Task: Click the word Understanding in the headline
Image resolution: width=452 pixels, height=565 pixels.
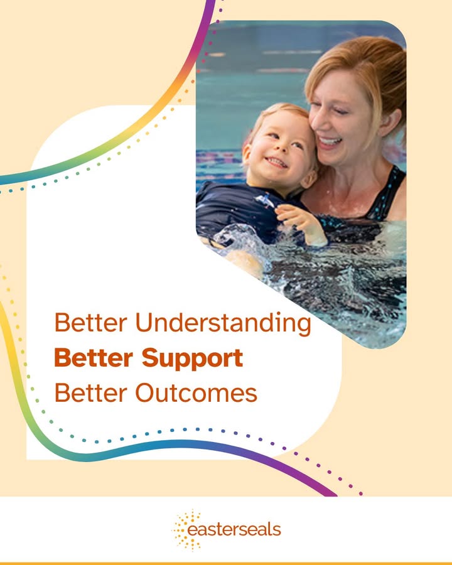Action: [x=223, y=323]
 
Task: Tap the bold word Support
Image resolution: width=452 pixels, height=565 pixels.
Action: [x=192, y=359]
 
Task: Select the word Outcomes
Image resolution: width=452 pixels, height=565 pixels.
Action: [x=196, y=393]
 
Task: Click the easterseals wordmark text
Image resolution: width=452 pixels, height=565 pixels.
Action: [x=234, y=530]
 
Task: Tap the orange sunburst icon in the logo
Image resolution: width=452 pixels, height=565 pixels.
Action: [x=186, y=530]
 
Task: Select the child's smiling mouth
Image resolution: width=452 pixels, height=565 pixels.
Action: [x=277, y=162]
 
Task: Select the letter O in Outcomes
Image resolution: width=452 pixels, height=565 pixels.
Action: [x=146, y=393]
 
